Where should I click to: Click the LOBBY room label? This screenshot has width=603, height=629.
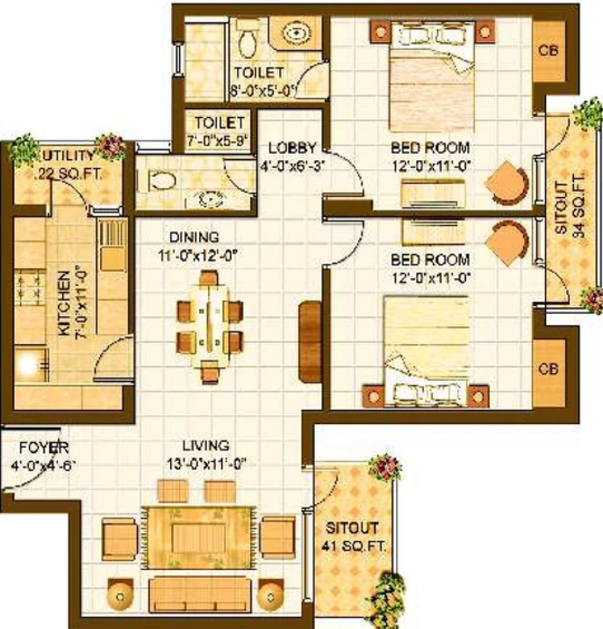(x=292, y=148)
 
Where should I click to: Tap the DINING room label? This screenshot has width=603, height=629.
(x=194, y=237)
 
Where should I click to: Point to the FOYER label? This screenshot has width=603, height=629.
(x=44, y=447)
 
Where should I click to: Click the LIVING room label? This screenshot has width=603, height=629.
(x=206, y=445)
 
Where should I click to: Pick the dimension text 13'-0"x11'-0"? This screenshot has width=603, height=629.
(x=206, y=464)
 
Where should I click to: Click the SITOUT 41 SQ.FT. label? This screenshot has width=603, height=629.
(x=353, y=537)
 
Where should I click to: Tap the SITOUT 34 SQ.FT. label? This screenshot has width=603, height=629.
(x=569, y=207)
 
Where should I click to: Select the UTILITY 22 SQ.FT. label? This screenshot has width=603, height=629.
(x=68, y=165)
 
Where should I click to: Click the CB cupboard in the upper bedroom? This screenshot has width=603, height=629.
(x=548, y=51)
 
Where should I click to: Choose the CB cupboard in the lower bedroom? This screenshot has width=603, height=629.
(x=548, y=369)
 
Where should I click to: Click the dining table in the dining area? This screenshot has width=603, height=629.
(x=210, y=326)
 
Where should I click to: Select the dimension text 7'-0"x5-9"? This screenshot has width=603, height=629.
(x=217, y=141)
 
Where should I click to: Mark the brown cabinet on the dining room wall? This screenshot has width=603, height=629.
(x=311, y=342)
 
